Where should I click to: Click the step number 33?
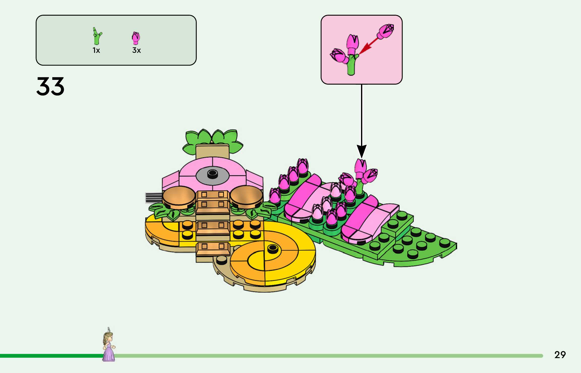tap(50, 87)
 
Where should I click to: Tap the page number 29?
tap(560, 355)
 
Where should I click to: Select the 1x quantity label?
tap(96, 51)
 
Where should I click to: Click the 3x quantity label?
tap(136, 50)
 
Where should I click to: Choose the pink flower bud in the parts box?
tap(136, 38)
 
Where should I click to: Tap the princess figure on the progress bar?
tap(109, 345)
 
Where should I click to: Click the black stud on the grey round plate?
tap(212, 173)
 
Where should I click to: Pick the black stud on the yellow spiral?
tap(272, 248)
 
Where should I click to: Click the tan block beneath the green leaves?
tap(212, 152)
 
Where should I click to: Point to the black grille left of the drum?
tap(154, 198)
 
